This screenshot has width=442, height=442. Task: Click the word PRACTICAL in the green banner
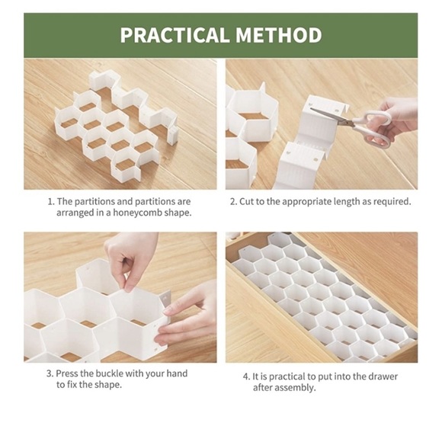[174, 35]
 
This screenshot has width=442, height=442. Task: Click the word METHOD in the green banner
[279, 35]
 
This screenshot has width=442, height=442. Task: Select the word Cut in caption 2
[246, 201]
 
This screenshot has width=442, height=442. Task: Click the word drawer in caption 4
[383, 376]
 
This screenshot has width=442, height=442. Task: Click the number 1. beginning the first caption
[51, 201]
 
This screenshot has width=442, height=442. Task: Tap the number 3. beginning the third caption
[50, 373]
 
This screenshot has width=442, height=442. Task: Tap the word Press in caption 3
[67, 373]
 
